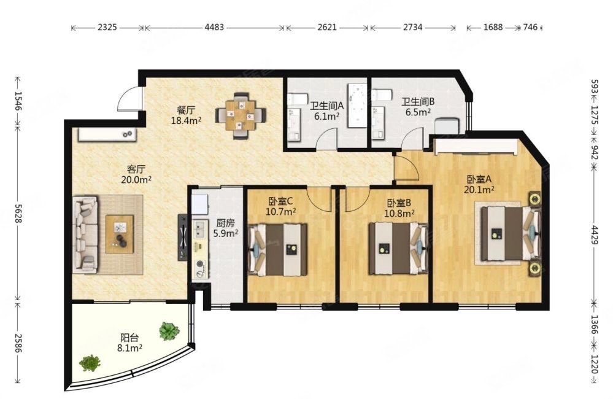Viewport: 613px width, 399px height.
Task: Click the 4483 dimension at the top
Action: [x=215, y=28]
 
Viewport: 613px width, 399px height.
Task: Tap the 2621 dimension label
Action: [x=327, y=28]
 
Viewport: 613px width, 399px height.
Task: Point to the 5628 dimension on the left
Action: [x=18, y=214]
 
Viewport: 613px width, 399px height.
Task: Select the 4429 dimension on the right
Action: [x=594, y=234]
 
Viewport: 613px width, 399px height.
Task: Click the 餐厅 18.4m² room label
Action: [x=186, y=115]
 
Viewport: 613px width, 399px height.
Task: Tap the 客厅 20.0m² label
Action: [x=136, y=174]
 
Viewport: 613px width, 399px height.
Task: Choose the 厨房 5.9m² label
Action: [x=226, y=228]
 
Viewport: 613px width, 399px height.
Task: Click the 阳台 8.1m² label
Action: [x=129, y=343]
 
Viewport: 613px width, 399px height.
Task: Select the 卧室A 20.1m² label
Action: [x=479, y=185]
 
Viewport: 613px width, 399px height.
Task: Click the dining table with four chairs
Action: [x=241, y=115]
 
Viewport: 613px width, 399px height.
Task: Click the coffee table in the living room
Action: [x=120, y=233]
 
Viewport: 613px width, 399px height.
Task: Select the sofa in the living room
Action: [x=86, y=234]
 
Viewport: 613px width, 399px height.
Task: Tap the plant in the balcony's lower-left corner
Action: [x=90, y=363]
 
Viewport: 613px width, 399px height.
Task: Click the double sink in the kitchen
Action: [x=200, y=230]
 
